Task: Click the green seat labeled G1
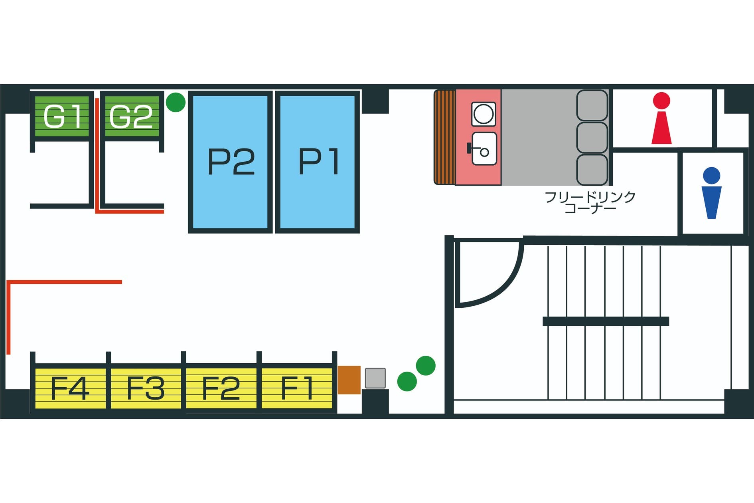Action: (x=62, y=116)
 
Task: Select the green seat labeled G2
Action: (x=131, y=116)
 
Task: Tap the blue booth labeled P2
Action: (x=231, y=162)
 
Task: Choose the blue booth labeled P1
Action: (x=318, y=162)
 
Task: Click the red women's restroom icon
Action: (x=661, y=118)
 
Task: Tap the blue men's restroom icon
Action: (x=711, y=193)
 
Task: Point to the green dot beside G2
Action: (x=176, y=102)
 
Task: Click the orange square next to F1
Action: (x=349, y=380)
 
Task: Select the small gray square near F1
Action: (x=375, y=378)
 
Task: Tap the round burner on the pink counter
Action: (x=484, y=114)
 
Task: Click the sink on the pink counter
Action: (x=484, y=149)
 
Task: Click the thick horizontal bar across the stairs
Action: (x=606, y=321)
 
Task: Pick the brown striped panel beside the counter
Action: (x=444, y=137)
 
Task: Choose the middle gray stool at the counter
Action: (x=592, y=138)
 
